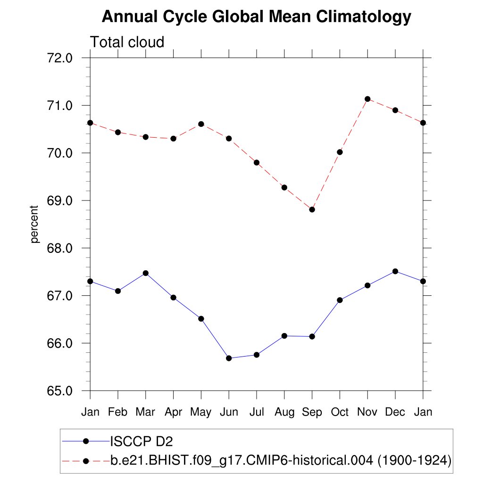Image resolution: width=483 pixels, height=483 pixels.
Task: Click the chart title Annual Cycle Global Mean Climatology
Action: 257,17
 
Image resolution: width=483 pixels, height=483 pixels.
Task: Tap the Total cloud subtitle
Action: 127,42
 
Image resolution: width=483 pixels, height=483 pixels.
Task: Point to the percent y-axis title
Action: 34,225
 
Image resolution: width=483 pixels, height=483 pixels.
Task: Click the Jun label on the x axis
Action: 229,412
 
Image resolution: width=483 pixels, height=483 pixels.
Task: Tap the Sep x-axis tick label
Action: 312,412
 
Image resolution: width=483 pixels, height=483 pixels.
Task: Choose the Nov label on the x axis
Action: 367,412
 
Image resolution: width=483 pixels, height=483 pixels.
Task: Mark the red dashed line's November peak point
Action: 367,99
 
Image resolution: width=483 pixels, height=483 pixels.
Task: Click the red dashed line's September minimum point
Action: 312,209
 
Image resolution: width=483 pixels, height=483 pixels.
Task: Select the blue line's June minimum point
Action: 229,358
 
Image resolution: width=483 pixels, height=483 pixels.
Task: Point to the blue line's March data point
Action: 146,273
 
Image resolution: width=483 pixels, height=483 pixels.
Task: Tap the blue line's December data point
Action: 395,271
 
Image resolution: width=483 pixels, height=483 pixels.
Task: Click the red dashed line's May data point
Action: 201,124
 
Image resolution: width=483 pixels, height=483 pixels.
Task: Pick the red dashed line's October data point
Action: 340,152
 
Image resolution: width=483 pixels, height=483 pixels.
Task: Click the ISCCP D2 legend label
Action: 142,441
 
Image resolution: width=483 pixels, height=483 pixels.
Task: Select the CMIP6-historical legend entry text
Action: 281,460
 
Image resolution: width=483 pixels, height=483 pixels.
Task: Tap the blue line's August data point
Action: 284,336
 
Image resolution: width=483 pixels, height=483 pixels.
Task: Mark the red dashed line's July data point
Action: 257,163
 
